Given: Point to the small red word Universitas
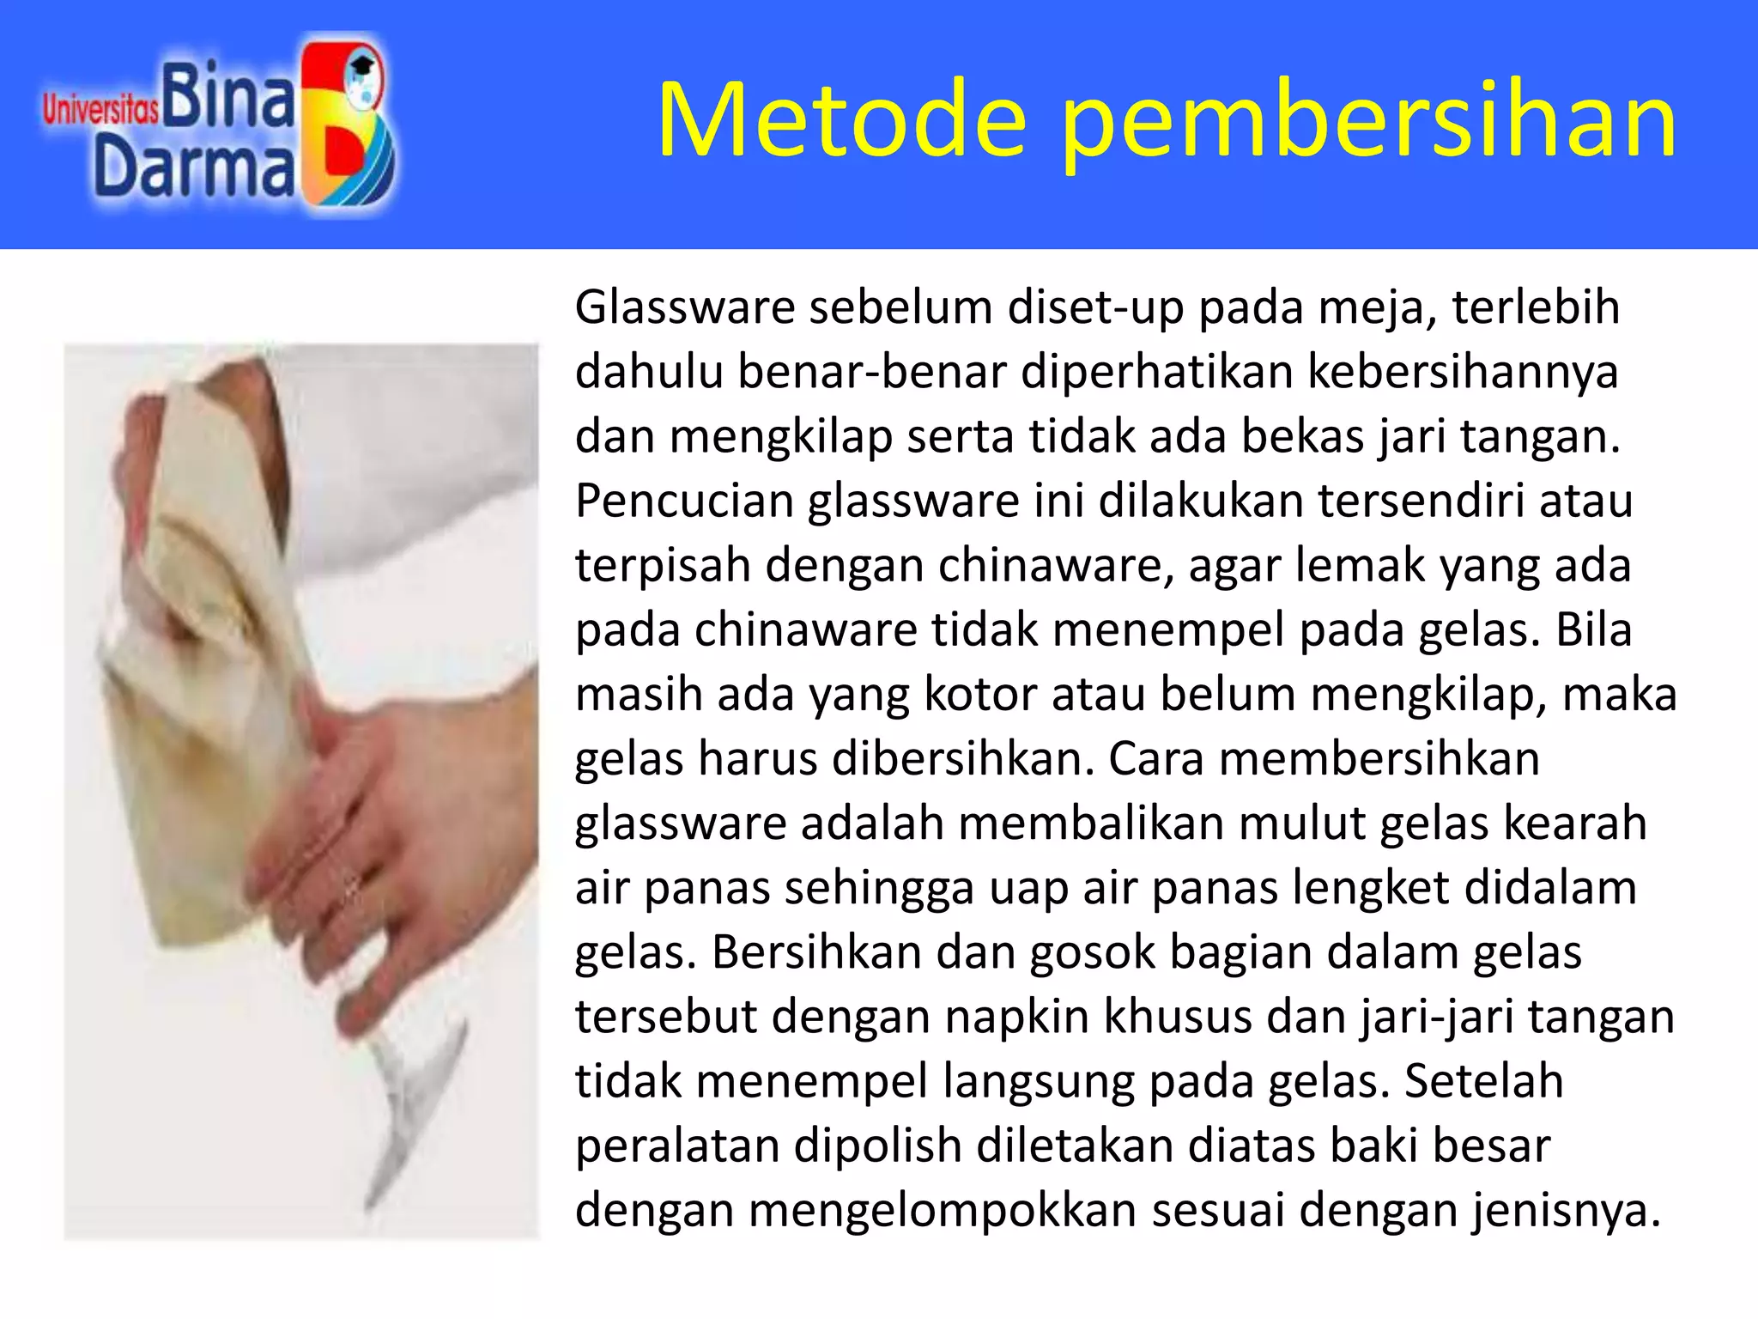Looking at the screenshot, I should (x=100, y=110).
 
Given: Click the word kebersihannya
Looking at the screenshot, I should (x=1463, y=373).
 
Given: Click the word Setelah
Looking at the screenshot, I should (x=1483, y=1081).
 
